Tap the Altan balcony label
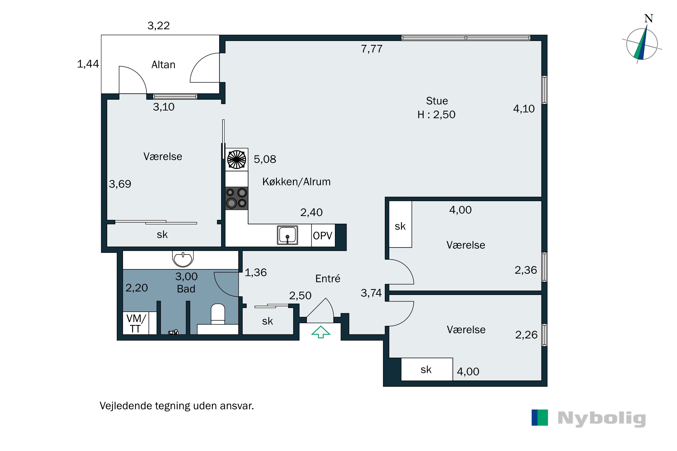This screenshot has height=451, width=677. [x=163, y=65]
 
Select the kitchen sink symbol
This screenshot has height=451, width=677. [x=287, y=235]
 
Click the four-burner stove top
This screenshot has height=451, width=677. [x=236, y=198]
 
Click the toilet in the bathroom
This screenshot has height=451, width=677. [x=218, y=314]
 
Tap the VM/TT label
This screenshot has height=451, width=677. [x=136, y=323]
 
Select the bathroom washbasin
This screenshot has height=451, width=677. [x=183, y=259]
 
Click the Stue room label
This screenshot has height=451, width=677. [x=437, y=101]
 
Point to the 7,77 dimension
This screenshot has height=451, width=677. [x=372, y=49]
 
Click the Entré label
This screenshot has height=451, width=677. [x=328, y=278]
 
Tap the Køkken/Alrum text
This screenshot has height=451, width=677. [x=297, y=182]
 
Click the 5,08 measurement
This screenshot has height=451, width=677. [x=265, y=159]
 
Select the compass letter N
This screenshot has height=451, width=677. [x=649, y=18]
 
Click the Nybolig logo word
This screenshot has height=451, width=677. [x=602, y=419]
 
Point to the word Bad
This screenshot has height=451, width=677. [x=186, y=289]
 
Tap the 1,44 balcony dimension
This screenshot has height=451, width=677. [x=88, y=64]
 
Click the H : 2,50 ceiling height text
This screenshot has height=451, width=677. [x=436, y=115]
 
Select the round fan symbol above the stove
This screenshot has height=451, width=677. [x=236, y=159]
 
